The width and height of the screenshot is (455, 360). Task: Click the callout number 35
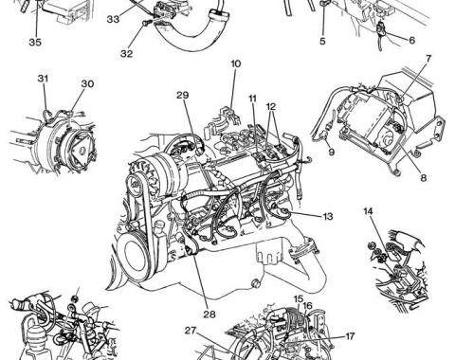click(x=35, y=42)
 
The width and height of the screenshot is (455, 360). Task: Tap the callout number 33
click(x=113, y=19)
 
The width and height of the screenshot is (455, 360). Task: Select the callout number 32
click(x=126, y=53)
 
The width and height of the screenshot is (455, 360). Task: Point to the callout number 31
click(x=44, y=79)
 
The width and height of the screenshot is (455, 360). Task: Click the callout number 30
click(x=87, y=83)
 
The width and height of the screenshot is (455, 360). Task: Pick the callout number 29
click(x=183, y=95)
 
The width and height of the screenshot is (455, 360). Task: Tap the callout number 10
click(x=235, y=63)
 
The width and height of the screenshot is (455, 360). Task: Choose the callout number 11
click(x=252, y=99)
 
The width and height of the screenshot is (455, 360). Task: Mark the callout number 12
click(x=271, y=106)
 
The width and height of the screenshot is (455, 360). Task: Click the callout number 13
click(x=328, y=216)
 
